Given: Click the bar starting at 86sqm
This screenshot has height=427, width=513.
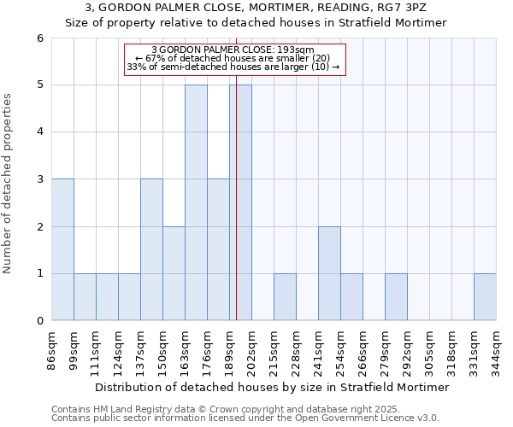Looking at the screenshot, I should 62,249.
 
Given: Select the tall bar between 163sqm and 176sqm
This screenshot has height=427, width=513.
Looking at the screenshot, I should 196,202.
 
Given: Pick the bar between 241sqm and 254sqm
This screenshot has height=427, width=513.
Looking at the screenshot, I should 329,273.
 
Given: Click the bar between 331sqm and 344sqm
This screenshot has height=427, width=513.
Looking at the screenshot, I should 485,297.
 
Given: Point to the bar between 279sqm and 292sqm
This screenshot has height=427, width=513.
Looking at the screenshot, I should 396,297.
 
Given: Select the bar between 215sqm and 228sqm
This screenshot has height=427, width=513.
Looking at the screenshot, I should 285,297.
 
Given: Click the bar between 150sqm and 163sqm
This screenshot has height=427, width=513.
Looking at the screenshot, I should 174,273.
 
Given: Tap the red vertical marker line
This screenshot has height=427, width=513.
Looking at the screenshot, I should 236,213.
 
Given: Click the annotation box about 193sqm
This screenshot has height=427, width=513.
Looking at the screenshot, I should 234,59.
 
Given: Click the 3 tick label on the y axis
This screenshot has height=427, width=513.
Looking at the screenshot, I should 40,179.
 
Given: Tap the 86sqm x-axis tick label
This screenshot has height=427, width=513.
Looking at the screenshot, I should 52,348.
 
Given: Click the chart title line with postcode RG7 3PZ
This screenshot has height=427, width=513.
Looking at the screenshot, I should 256,8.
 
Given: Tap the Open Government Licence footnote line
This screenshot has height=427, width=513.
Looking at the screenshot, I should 245,418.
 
